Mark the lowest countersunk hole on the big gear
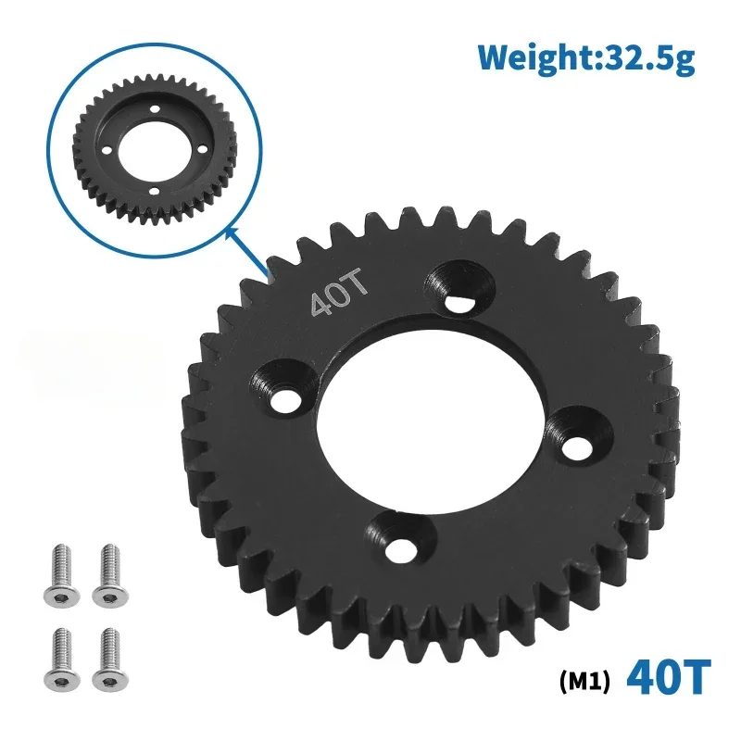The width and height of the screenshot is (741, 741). point(399,541)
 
